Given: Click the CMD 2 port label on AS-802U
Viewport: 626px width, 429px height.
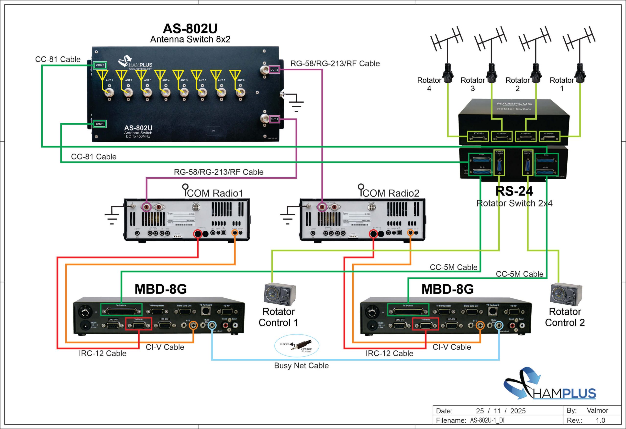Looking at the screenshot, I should click(x=100, y=65).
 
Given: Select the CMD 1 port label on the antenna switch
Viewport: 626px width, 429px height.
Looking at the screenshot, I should click(x=100, y=124).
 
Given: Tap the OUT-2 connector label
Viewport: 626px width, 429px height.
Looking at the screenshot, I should click(x=274, y=70).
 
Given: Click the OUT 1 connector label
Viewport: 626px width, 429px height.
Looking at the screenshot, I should click(x=274, y=119).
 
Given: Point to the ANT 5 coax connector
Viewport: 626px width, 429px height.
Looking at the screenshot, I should click(x=184, y=93).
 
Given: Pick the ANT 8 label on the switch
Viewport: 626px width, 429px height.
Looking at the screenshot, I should click(x=241, y=80).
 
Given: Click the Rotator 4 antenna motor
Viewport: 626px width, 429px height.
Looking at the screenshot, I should click(x=448, y=73).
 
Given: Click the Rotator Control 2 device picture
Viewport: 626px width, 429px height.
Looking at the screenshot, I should click(x=566, y=295).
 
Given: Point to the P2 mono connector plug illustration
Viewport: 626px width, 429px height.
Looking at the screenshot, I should click(x=303, y=345).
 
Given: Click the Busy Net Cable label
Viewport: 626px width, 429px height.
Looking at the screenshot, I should click(x=301, y=366).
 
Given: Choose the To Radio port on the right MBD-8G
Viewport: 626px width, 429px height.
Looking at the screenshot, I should click(x=425, y=325).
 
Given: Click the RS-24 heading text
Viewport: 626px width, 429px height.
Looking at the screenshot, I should click(x=514, y=191).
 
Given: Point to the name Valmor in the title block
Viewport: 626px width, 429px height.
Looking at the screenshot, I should click(x=597, y=410).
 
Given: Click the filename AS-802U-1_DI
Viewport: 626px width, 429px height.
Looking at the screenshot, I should click(x=487, y=420).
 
